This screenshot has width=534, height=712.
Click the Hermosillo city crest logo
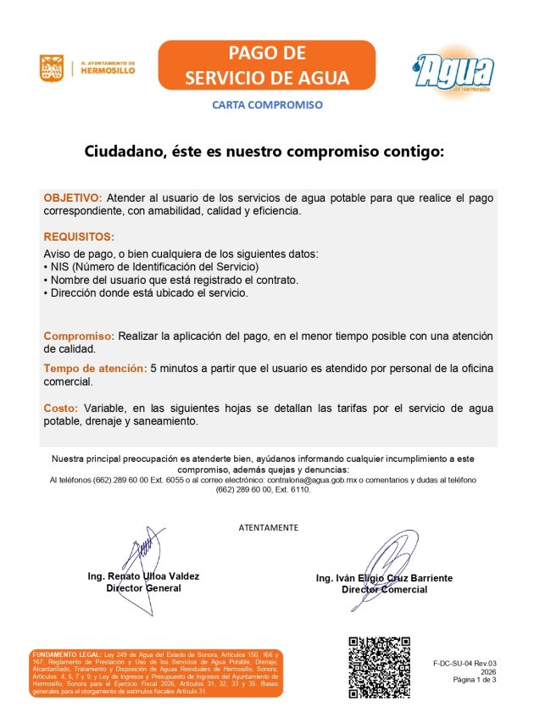[52, 69]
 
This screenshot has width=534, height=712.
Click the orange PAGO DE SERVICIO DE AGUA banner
[266, 65]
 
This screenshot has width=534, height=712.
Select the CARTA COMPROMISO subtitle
[267, 105]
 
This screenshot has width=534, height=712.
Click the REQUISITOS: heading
[79, 237]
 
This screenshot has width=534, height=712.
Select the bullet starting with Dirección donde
[146, 292]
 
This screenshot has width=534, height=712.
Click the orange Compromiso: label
[79, 337]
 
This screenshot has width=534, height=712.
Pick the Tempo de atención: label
[94, 369]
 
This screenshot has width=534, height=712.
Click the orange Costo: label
[61, 409]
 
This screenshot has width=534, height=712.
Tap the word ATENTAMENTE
[268, 527]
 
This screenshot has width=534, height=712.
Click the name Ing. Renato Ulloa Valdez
[143, 576]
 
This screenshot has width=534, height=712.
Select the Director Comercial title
[384, 590]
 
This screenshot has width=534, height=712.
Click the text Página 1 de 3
[475, 680]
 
